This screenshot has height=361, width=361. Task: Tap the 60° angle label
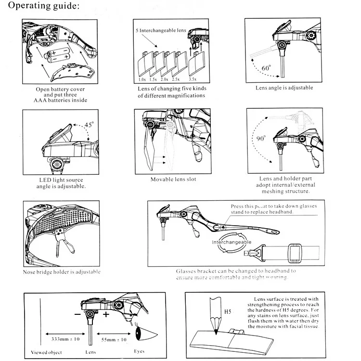267,68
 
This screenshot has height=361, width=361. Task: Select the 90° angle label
261,138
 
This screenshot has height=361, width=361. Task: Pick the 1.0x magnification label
142,79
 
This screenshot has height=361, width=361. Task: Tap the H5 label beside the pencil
228,312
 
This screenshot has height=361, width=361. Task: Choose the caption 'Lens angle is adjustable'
284,88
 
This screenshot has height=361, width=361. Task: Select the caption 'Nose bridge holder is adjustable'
62,272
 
